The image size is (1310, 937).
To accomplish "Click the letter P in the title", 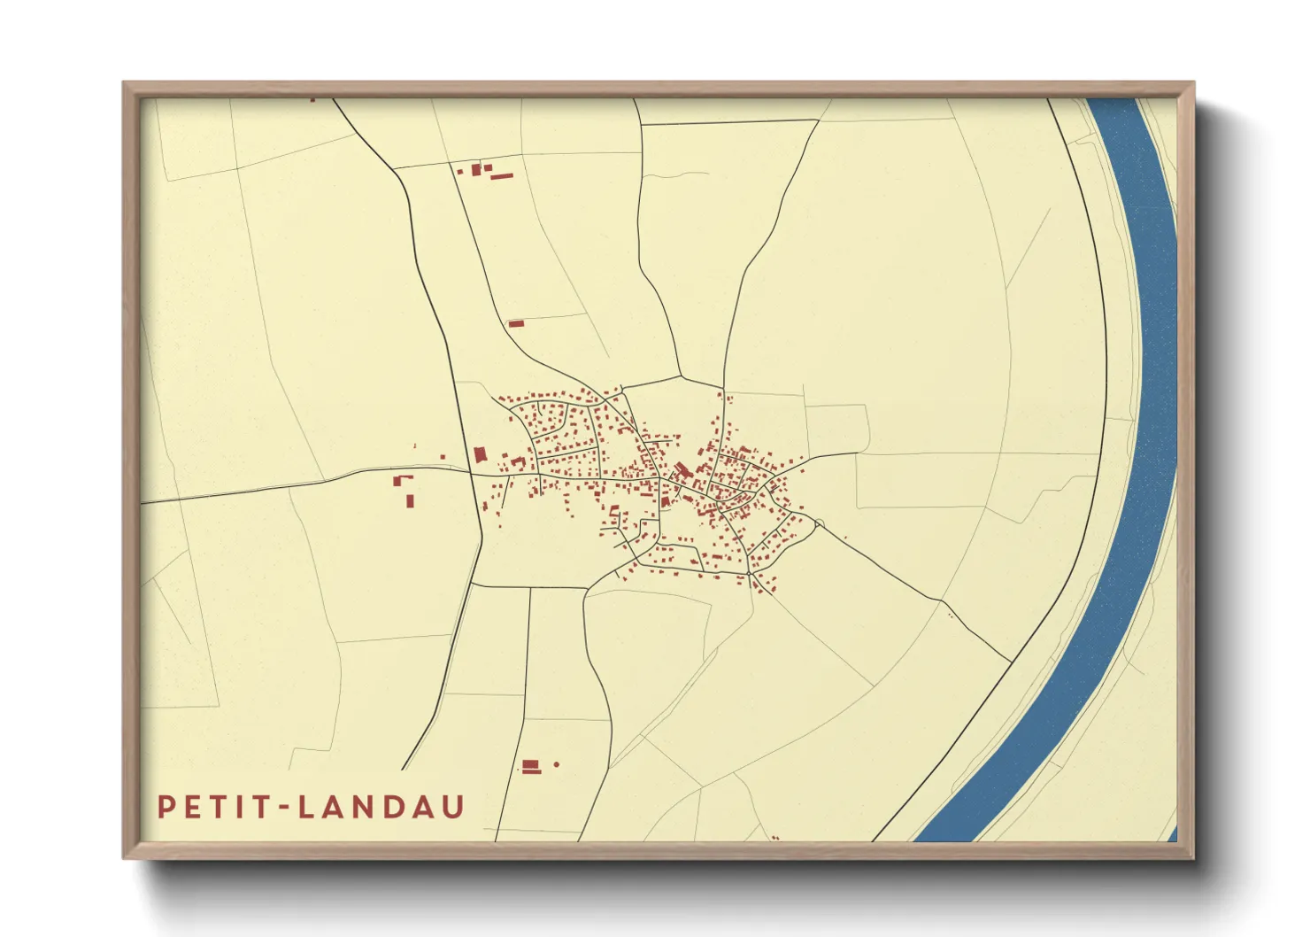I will pyautogui.click(x=166, y=808).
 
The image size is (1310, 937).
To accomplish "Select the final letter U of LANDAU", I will pyautogui.click(x=453, y=808).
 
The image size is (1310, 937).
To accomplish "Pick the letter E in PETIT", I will pyautogui.click(x=190, y=808).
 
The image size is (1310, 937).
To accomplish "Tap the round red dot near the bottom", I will pyautogui.click(x=557, y=764).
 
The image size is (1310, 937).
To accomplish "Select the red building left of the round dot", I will pyautogui.click(x=531, y=766).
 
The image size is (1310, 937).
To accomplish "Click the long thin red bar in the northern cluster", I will pyautogui.click(x=502, y=176).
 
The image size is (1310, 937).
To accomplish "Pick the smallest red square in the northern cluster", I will pyautogui.click(x=460, y=170).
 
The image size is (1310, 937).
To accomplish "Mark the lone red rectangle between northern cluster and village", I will pyautogui.click(x=516, y=324).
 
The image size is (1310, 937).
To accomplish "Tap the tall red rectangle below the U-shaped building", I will pyautogui.click(x=410, y=500).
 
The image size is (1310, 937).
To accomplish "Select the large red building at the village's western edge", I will pyautogui.click(x=480, y=455).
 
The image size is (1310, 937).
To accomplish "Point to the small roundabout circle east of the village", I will pyautogui.click(x=819, y=524).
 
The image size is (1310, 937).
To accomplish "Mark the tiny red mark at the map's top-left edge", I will pyautogui.click(x=312, y=100).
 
